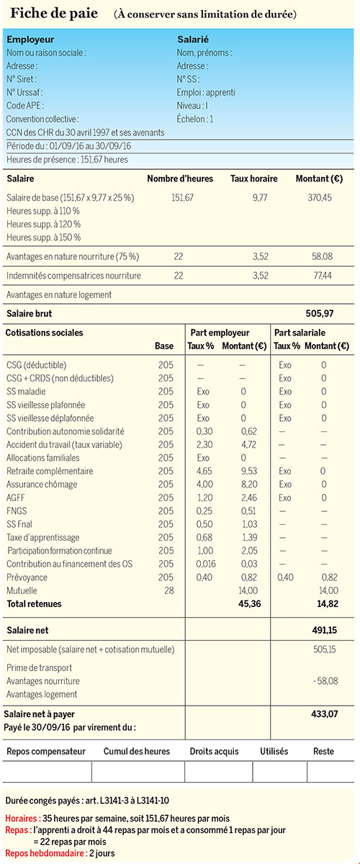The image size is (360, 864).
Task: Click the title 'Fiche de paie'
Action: coord(54,14)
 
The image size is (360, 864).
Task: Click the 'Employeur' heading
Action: coord(30,40)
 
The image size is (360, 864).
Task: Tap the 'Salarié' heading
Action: coord(193,40)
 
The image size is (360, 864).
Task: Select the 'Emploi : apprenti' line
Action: coord(206,93)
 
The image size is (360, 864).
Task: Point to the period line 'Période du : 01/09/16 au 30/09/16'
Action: coord(68,146)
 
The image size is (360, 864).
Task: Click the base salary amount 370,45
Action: coord(320,198)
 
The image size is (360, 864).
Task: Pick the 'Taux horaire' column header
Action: coord(254,179)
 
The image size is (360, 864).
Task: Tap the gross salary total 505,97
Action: coord(320,314)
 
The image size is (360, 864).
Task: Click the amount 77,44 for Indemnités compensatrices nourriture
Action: coord(322,276)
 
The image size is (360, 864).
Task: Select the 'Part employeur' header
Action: coord(220,333)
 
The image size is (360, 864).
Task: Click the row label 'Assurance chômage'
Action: coord(42,485)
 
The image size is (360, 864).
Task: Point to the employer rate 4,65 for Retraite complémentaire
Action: coord(204,471)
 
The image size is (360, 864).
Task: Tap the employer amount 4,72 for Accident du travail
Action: coord(248,445)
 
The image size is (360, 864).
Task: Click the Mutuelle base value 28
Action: coord(169,590)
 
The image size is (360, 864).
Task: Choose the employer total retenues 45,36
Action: coord(249,604)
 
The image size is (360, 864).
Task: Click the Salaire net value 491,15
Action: coord(325,630)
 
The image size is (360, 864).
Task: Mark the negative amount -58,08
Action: coord(325,681)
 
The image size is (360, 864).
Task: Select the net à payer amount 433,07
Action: coord(325,714)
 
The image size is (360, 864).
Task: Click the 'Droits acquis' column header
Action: coord(214,752)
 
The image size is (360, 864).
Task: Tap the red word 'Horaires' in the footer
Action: coord(21,819)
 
